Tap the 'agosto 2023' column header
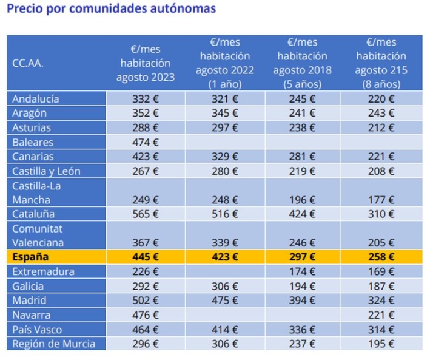pyautogui.click(x=146, y=63)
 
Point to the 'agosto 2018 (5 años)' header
pyautogui.click(x=302, y=63)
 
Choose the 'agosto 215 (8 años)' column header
pyautogui.click(x=381, y=63)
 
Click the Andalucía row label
pyautogui.click(x=36, y=98)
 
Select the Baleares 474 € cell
pyautogui.click(x=146, y=142)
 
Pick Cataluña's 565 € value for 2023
pyautogui.click(x=146, y=214)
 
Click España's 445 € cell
pyautogui.click(x=146, y=257)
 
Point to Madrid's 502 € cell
pyautogui.click(x=146, y=301)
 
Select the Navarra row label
pyautogui.click(x=32, y=315)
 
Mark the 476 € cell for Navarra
pyautogui.click(x=146, y=315)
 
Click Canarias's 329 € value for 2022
pyautogui.click(x=224, y=157)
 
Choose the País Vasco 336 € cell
pyautogui.click(x=302, y=330)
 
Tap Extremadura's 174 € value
pyautogui.click(x=302, y=271)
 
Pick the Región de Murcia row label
pyautogui.click(x=54, y=344)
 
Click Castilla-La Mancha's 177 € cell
pyautogui.click(x=381, y=199)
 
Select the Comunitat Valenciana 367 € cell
pyautogui.click(x=146, y=243)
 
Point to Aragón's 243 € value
pyautogui.click(x=381, y=113)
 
